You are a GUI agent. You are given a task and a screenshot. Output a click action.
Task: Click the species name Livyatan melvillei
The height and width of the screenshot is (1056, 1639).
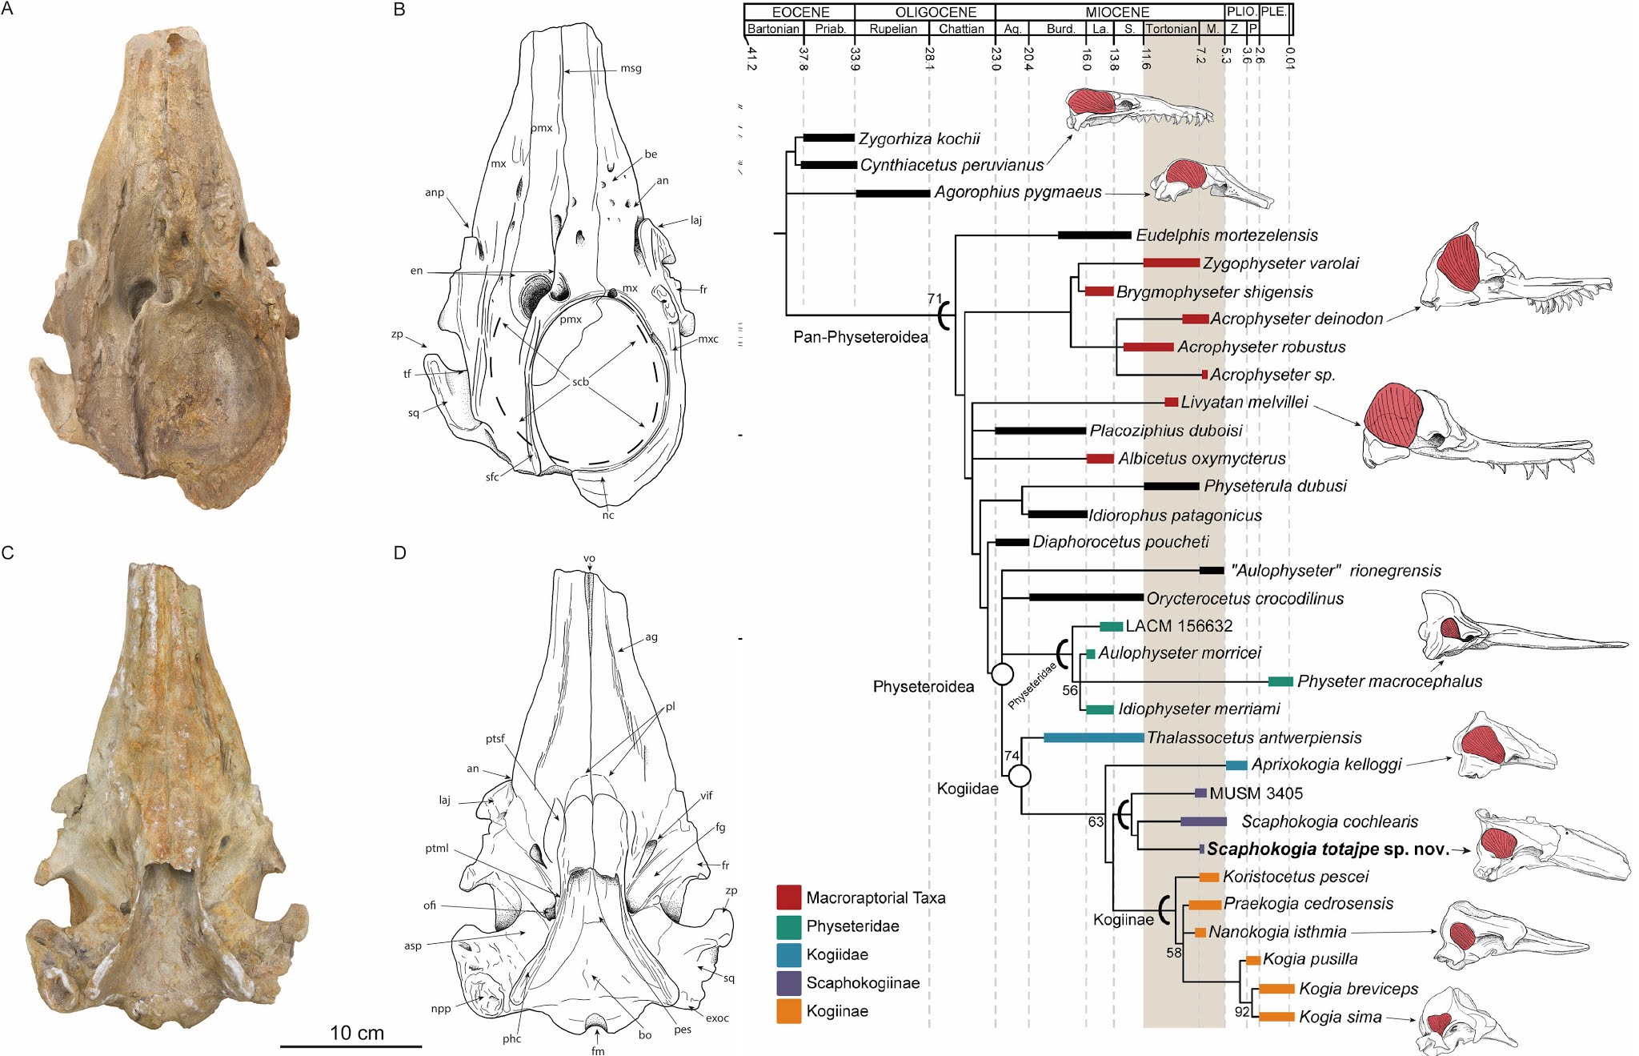[1244, 402]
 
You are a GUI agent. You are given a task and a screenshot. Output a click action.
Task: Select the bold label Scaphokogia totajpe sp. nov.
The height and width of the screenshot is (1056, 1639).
[1328, 849]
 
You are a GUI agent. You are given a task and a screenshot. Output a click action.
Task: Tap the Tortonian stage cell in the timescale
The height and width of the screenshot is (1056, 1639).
[1170, 29]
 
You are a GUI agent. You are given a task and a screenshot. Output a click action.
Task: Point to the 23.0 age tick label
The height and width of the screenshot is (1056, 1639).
[996, 58]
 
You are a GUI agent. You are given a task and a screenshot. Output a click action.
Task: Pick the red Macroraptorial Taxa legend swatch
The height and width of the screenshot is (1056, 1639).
[788, 897]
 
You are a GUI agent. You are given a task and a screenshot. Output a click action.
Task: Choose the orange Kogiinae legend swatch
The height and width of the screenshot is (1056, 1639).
[788, 1011]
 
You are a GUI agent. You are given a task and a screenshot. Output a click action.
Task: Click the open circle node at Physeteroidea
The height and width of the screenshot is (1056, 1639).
[1002, 674]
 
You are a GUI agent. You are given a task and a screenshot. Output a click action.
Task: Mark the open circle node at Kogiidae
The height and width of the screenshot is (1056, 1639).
[1019, 776]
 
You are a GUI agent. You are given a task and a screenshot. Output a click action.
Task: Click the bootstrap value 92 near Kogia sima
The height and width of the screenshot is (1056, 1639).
[1241, 1012]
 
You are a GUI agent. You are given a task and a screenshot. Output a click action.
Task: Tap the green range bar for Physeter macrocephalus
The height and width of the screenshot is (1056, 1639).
[1280, 681]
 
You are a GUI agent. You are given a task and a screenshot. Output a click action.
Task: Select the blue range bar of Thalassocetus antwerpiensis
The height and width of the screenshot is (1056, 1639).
[1093, 737]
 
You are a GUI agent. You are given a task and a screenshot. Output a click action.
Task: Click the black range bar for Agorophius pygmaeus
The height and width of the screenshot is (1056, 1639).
[892, 193]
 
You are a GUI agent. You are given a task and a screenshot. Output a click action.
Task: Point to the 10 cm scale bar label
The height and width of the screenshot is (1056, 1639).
[357, 1033]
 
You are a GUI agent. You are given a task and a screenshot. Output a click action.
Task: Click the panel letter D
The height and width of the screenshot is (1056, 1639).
[400, 552]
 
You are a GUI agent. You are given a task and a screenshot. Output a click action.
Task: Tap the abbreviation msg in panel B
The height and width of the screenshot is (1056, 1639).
[631, 68]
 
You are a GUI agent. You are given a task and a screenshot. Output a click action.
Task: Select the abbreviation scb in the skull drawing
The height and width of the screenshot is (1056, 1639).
[580, 382]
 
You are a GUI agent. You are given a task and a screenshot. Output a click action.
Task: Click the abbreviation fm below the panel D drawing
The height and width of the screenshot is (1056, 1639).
[598, 1050]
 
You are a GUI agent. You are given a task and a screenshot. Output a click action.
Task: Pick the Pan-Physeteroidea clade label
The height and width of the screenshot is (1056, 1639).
[860, 337]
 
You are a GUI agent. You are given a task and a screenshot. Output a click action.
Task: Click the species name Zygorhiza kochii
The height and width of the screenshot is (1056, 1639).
[919, 139]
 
